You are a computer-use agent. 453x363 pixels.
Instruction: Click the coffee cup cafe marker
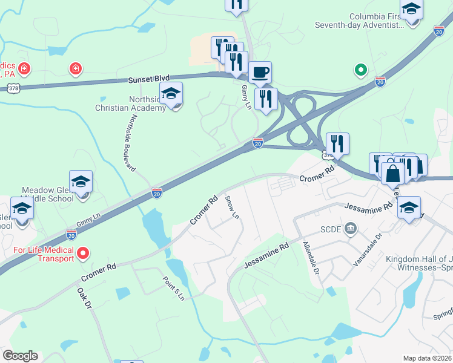tap(260, 73)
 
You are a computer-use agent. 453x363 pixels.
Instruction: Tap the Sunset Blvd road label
tap(148, 79)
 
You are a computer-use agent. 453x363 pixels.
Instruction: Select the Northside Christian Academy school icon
tap(171, 94)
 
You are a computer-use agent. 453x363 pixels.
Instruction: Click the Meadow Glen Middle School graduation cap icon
tap(81, 182)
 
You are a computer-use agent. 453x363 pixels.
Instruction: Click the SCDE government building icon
tap(350, 229)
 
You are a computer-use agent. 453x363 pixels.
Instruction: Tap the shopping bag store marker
tap(392, 174)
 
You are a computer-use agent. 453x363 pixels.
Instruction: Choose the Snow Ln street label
tap(232, 208)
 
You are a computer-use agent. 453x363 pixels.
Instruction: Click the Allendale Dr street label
tap(310, 257)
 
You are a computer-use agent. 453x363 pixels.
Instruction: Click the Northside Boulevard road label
tap(128, 142)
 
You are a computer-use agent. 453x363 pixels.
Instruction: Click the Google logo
tap(20, 356)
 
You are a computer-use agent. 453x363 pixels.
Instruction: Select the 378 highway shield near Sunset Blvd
tap(13, 89)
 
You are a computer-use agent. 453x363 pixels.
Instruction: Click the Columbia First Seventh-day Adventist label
tap(359, 21)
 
